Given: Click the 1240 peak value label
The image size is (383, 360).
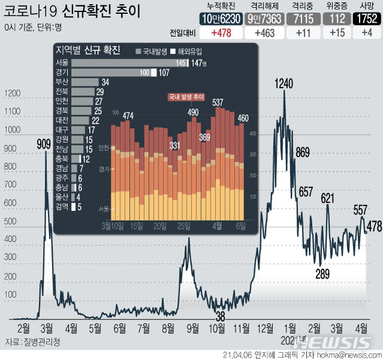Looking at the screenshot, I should pos(284,84).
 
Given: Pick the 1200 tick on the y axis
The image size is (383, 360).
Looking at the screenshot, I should pos(13,93).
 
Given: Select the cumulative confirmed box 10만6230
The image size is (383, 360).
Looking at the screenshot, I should pos(220,19).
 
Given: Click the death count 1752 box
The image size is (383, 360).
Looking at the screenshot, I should pos(365,19).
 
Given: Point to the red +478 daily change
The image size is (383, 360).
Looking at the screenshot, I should pos(220,34).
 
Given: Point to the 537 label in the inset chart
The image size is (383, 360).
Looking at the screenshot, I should pos(218,102).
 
